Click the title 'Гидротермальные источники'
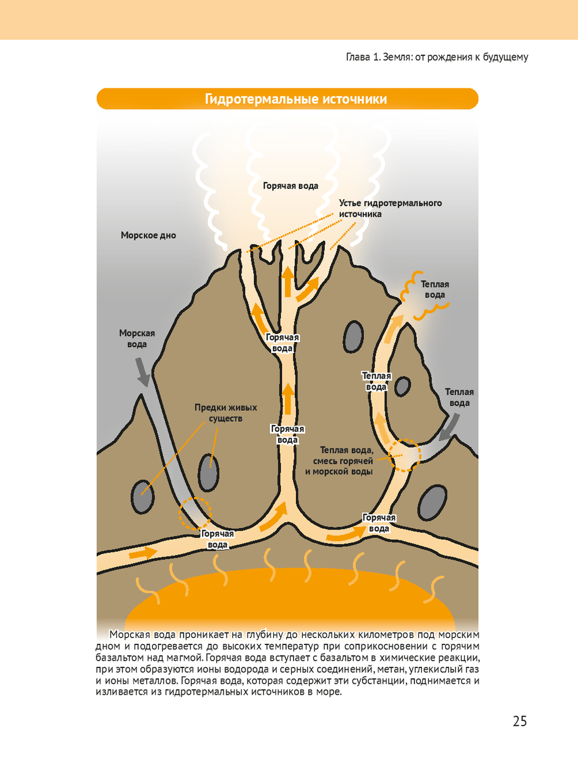(295, 99)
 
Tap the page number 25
(520, 721)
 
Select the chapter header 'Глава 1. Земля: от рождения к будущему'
(436, 57)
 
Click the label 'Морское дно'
(148, 235)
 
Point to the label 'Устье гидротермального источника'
(390, 209)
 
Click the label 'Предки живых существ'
(225, 413)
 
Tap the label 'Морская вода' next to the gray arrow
(137, 339)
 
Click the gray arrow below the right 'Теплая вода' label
(449, 428)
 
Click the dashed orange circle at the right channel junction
(404, 455)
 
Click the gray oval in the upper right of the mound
(353, 337)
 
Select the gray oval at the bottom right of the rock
(432, 503)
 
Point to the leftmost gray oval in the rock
(142, 496)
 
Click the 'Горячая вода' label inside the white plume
(290, 186)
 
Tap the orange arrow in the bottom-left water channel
(142, 553)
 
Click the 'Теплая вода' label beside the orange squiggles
(435, 290)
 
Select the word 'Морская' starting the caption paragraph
(130, 635)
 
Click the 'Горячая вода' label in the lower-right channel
(379, 523)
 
